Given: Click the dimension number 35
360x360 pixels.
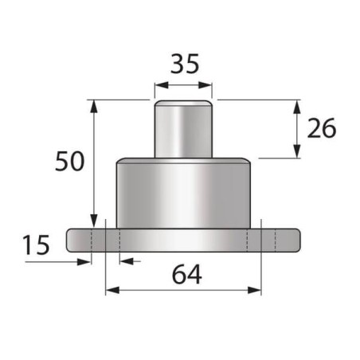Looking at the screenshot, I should click(x=183, y=63).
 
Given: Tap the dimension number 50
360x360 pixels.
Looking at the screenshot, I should click(x=70, y=162).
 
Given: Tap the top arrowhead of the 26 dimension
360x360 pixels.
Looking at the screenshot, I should click(x=297, y=105).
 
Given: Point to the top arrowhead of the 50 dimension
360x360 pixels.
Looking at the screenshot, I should click(x=94, y=105).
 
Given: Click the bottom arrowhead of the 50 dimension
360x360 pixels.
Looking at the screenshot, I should click(x=94, y=222).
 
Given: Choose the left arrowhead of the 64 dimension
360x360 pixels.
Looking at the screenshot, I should click(x=111, y=290).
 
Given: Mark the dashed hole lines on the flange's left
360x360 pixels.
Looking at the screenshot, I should click(x=98, y=240).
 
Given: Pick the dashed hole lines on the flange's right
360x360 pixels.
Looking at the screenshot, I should click(x=268, y=240).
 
